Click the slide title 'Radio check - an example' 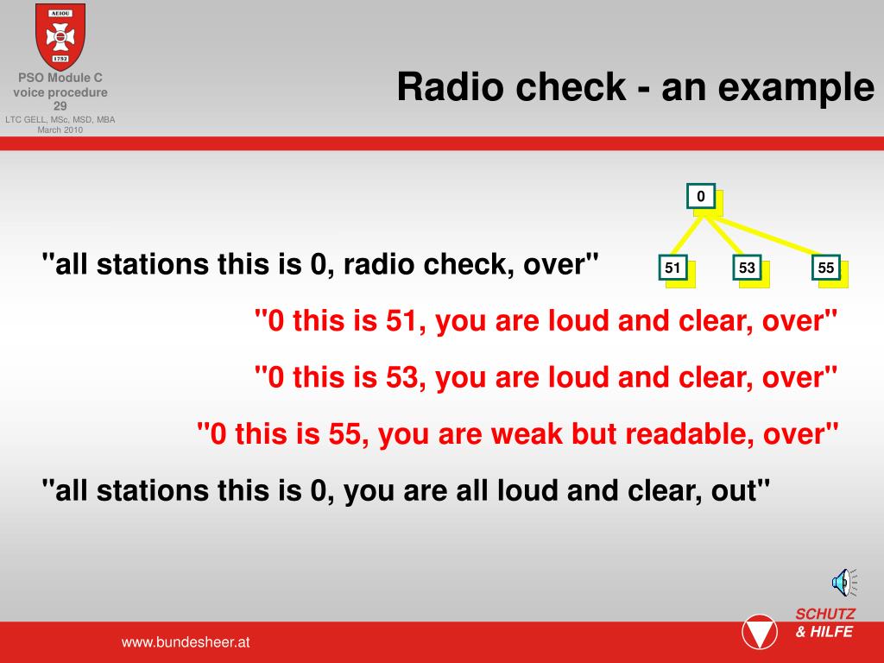635,87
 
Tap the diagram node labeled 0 700,197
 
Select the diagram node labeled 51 672,268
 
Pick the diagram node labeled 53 747,268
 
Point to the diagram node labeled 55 826,268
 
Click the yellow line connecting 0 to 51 686,234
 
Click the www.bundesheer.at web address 186,642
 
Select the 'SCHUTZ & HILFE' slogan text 824,623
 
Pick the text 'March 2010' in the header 60,130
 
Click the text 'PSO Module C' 60,78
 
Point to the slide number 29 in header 60,106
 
